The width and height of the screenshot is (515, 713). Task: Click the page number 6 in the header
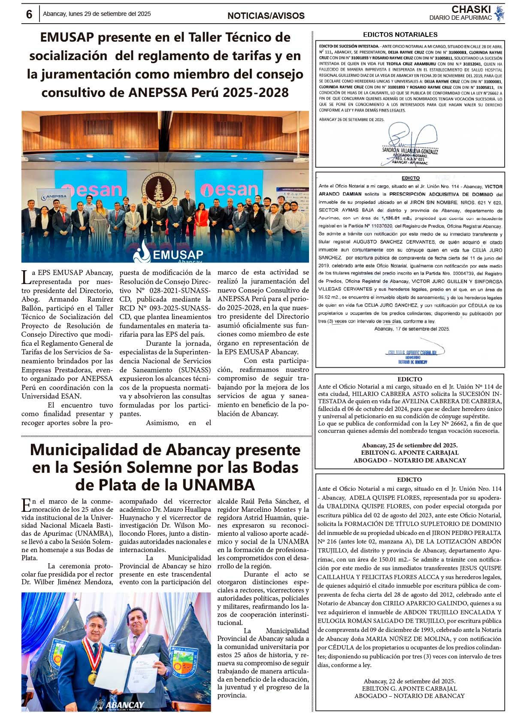[x=29, y=14]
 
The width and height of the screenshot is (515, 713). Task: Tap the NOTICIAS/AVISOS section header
[x=266, y=16]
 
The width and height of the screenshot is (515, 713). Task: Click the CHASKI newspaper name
[x=471, y=9]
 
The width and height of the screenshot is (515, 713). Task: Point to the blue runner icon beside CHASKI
[x=499, y=13]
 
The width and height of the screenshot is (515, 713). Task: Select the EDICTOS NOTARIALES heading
[x=400, y=35]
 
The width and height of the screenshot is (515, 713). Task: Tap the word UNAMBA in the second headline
[x=218, y=485]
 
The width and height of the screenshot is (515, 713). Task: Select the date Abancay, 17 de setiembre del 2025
[x=412, y=329]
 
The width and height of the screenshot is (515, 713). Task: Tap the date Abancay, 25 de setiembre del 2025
[x=409, y=445]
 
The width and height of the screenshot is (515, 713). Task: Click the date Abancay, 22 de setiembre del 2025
[x=409, y=681]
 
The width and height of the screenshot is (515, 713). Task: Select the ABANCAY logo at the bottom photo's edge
[x=120, y=705]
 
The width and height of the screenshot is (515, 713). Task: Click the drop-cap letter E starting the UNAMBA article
[x=26, y=505]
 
